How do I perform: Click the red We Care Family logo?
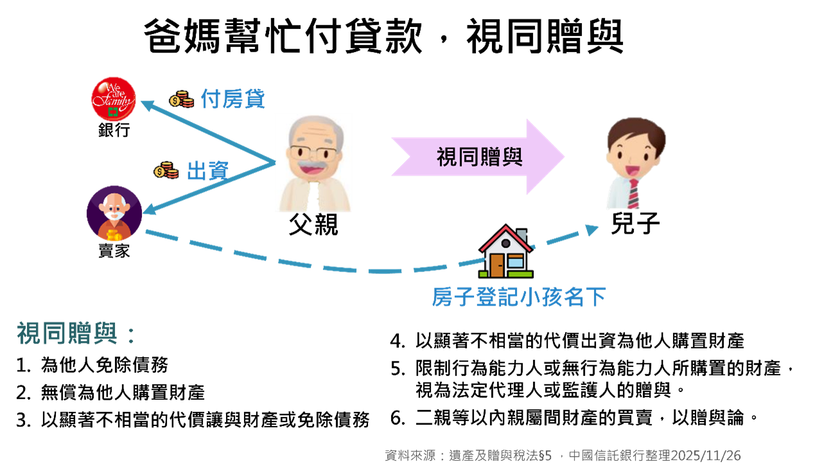[113, 99]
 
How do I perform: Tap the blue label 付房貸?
[232, 99]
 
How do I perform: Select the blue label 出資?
[207, 171]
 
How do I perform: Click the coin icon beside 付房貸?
[181, 99]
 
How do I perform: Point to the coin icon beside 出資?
[166, 171]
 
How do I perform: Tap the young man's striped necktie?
[633, 194]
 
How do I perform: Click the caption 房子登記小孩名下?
[518, 297]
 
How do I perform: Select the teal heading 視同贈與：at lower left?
[76, 334]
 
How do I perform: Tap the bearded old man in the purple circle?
[114, 214]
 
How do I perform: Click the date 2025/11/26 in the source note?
[705, 456]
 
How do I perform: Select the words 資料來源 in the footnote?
[409, 456]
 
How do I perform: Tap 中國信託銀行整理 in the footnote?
[619, 456]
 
